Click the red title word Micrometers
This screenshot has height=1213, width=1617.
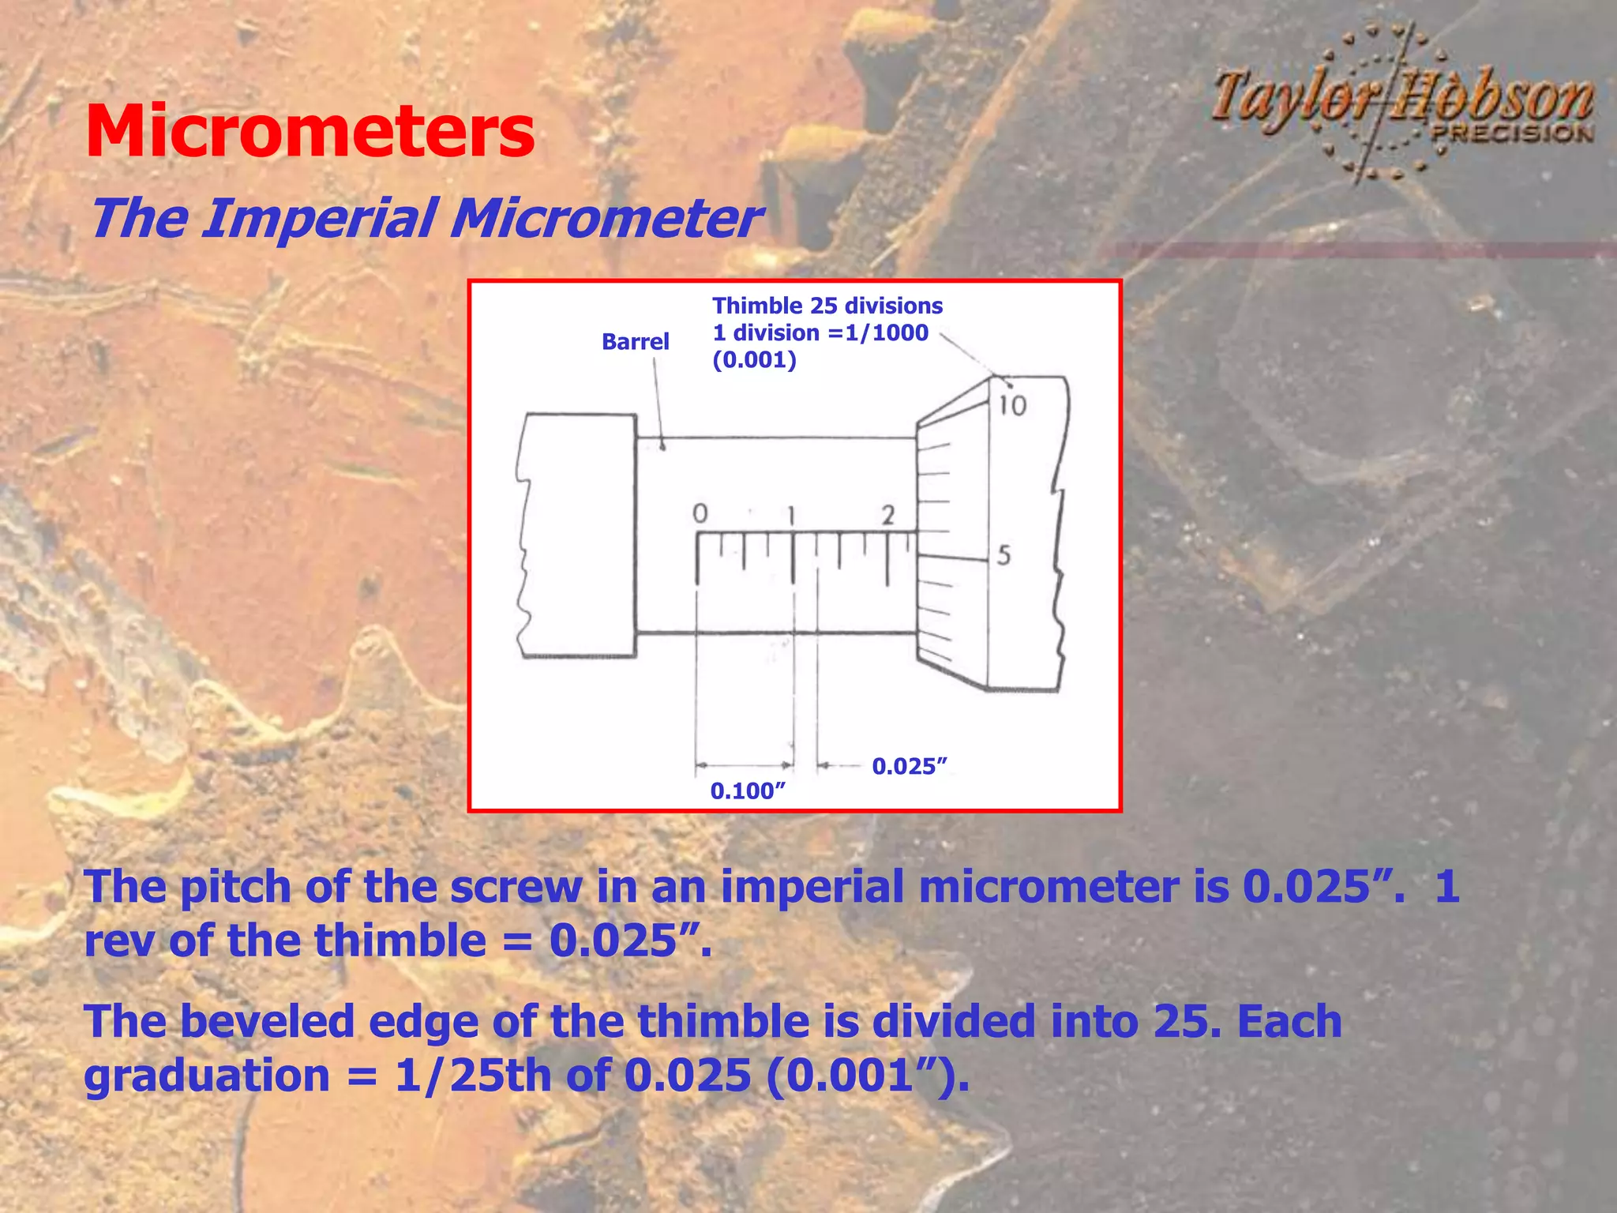[x=310, y=131]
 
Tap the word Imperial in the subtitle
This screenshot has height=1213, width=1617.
[x=320, y=219]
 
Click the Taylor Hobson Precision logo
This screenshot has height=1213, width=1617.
[x=1402, y=103]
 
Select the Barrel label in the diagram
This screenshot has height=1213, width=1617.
[x=635, y=341]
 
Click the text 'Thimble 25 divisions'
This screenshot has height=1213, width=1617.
[x=827, y=306]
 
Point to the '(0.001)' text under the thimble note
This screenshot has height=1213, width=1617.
[x=754, y=360]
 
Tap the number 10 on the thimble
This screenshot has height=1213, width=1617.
[x=1012, y=406]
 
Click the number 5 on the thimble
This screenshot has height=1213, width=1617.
[x=1004, y=556]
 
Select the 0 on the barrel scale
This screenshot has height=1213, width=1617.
[x=700, y=514]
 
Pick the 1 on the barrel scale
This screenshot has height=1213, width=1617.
[x=793, y=516]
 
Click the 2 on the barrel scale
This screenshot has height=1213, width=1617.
[x=888, y=516]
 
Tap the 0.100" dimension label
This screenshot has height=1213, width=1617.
[x=748, y=791]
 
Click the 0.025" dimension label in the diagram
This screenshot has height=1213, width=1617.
[x=909, y=766]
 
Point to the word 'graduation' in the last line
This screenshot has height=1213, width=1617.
[x=207, y=1076]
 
